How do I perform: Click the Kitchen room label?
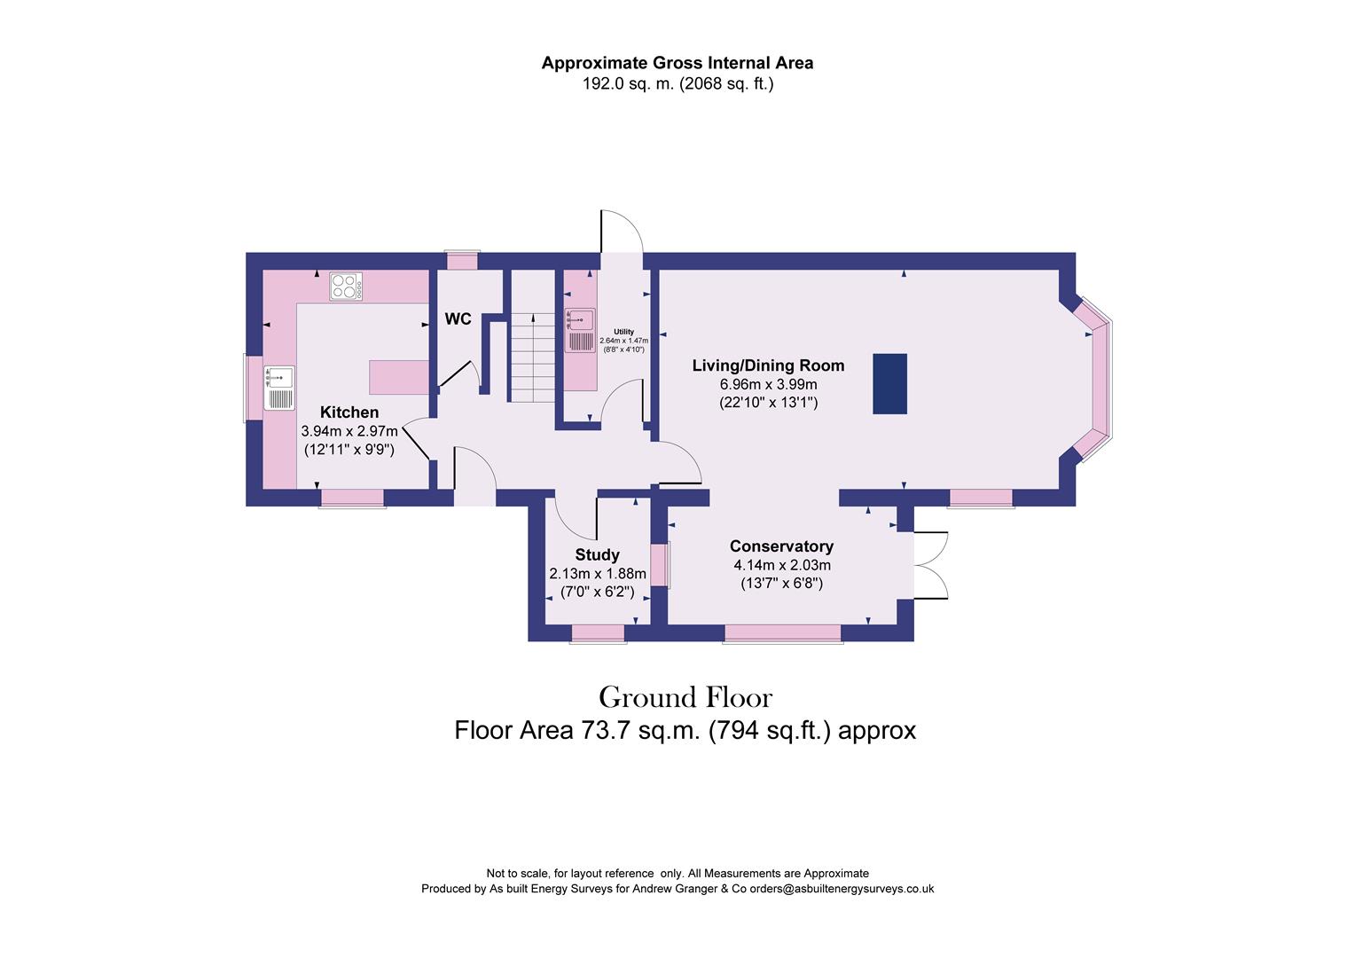[x=349, y=412]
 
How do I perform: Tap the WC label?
[x=458, y=319]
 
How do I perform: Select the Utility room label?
[x=623, y=332]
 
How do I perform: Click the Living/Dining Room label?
[x=768, y=365]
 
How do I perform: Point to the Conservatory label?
[x=781, y=546]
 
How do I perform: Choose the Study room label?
[x=597, y=555]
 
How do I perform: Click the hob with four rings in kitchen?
[x=345, y=286]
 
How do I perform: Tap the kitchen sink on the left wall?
[x=278, y=388]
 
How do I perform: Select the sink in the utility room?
[x=580, y=330]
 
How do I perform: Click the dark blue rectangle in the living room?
[x=889, y=383]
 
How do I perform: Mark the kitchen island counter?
[x=399, y=377]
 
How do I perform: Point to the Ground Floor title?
[x=685, y=698]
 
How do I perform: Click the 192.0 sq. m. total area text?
[x=677, y=85]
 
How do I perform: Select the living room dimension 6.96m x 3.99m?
[x=768, y=384]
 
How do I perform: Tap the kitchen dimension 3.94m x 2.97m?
[x=349, y=431]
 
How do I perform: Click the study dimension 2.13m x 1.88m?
[x=597, y=574]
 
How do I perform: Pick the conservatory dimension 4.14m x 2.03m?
[x=781, y=565]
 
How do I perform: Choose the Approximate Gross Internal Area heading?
[x=677, y=63]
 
